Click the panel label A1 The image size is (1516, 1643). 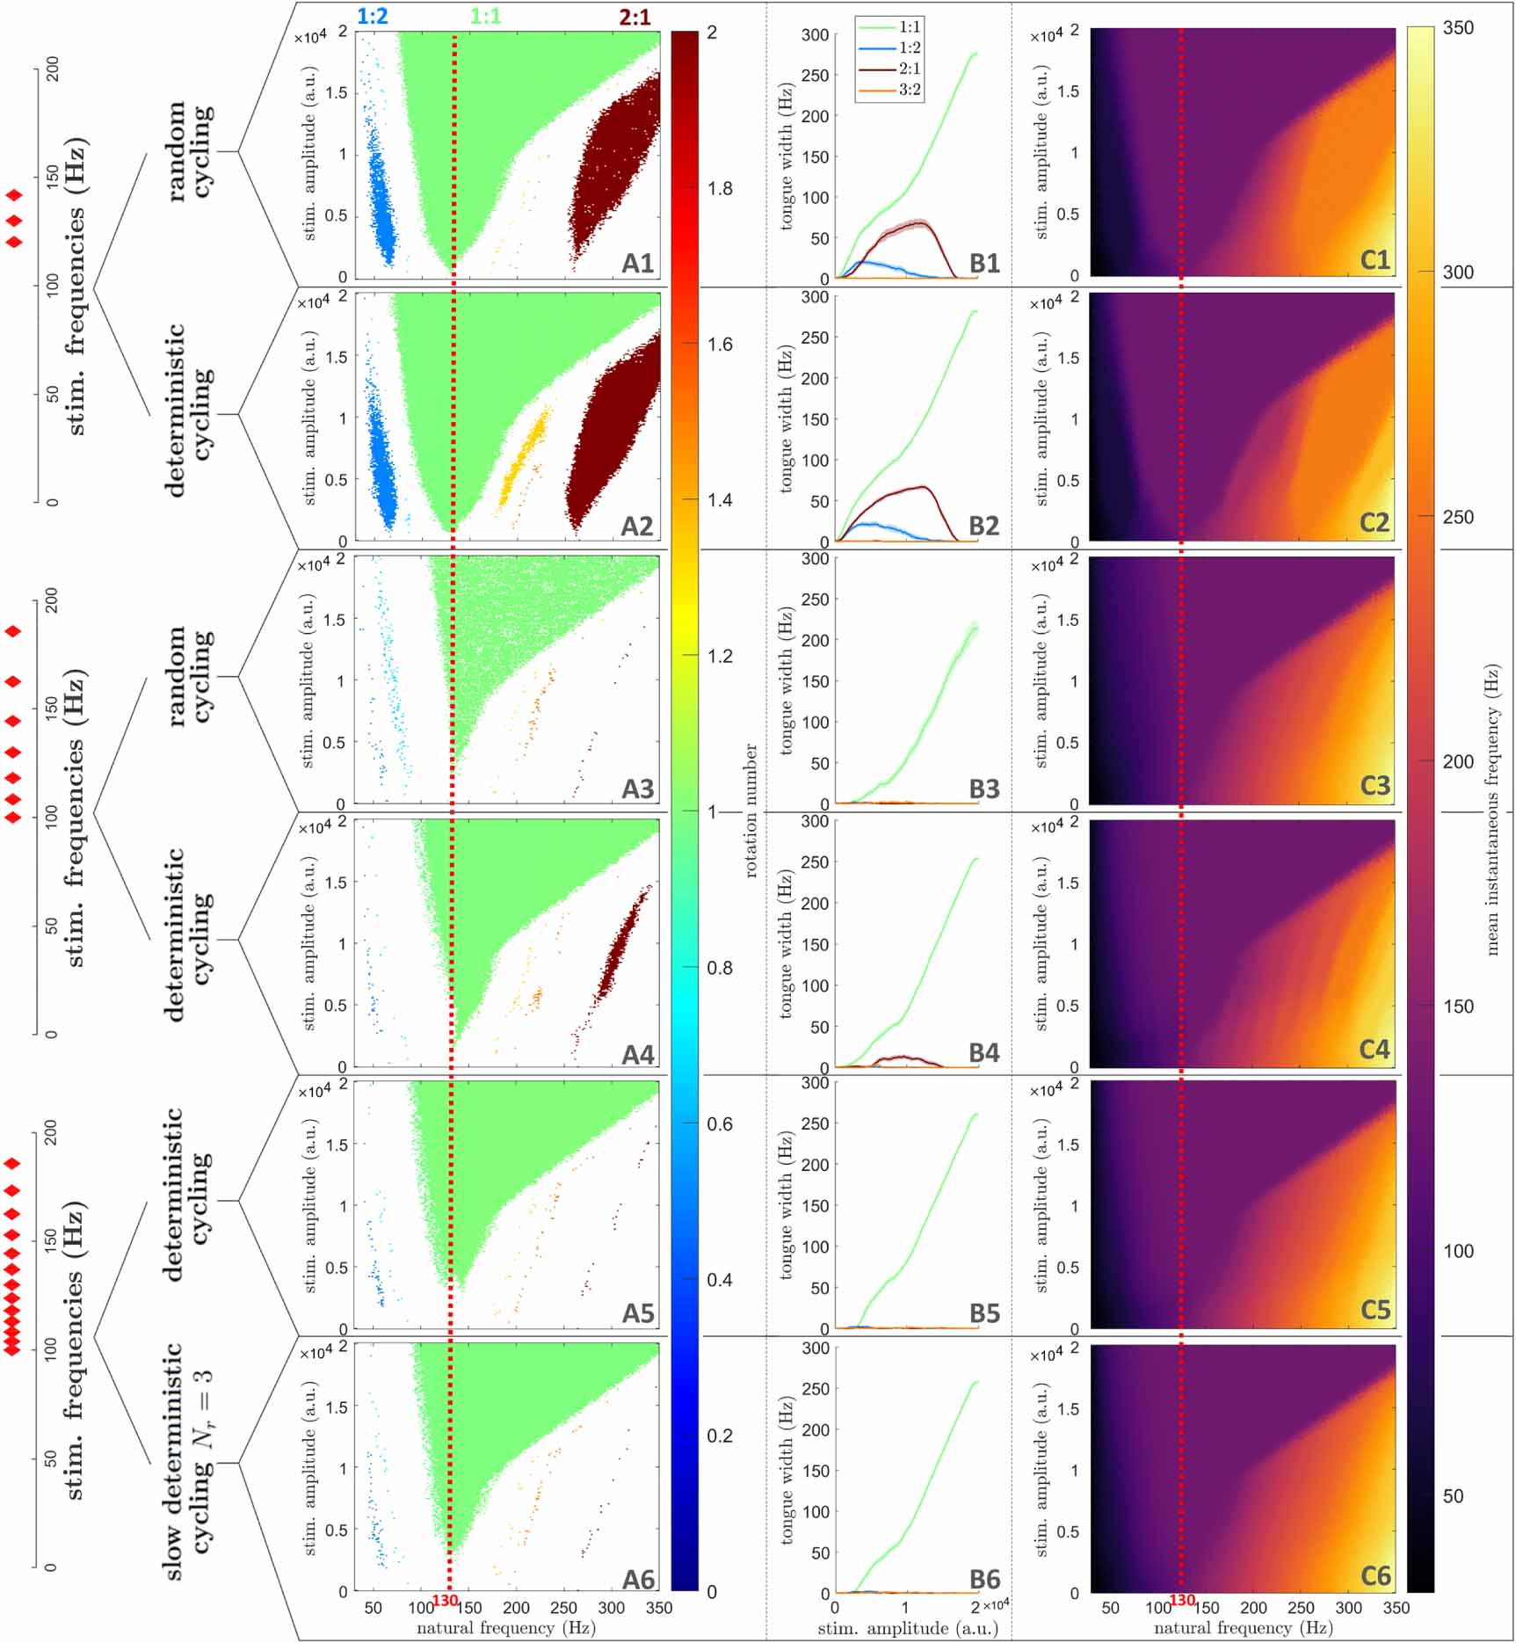[638, 263]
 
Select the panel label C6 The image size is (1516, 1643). [1375, 1575]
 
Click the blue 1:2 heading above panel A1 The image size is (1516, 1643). [373, 16]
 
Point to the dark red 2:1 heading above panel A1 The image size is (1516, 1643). [635, 16]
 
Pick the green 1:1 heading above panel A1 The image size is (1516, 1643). [485, 16]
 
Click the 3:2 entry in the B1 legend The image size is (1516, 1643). [909, 90]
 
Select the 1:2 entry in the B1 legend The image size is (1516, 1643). [909, 47]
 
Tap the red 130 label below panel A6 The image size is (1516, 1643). [446, 1601]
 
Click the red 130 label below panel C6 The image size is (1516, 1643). [1183, 1601]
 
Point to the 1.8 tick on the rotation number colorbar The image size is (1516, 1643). [720, 189]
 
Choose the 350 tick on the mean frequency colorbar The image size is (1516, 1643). [1458, 28]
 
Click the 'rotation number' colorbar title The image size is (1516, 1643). [751, 811]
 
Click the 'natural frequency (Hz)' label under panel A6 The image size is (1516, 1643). [505, 1628]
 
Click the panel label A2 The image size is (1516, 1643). [637, 526]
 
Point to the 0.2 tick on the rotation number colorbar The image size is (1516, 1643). [720, 1436]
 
